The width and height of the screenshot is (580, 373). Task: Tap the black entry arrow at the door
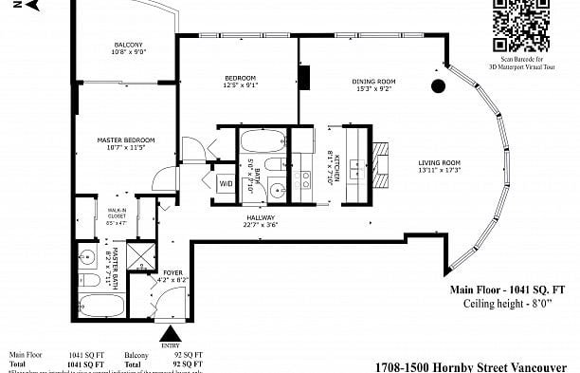pos(171,333)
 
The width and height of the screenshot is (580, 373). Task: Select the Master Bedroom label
pos(125,144)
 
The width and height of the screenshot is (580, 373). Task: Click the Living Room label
pos(439,166)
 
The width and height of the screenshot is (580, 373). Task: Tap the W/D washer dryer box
pos(227,183)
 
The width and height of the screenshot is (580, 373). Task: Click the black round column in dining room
pos(438,87)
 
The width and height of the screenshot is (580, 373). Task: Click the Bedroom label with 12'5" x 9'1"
pos(239,82)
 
